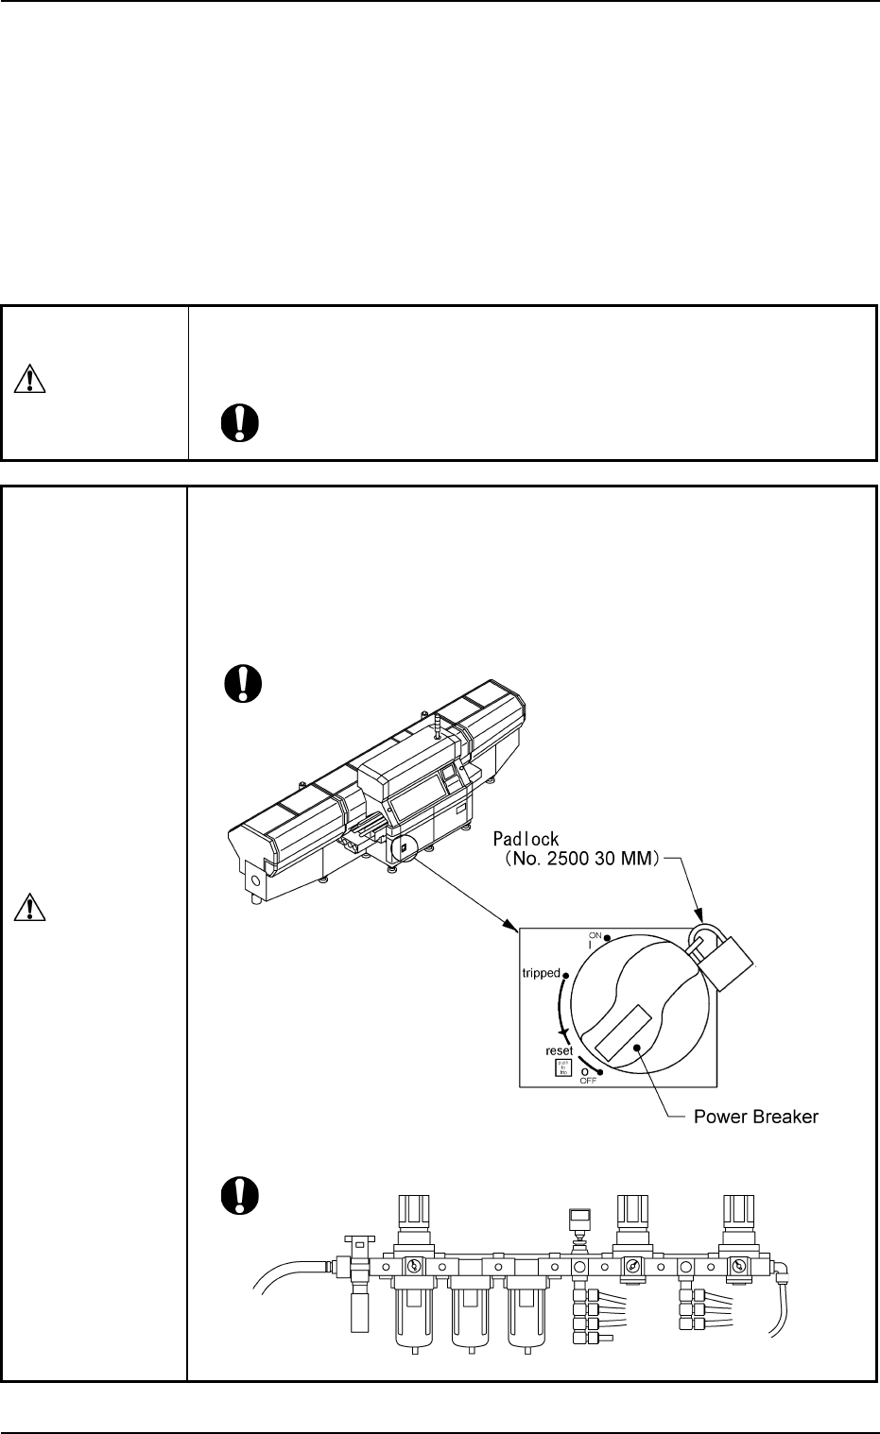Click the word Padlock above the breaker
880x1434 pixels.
(526, 838)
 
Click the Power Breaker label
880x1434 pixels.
(756, 1117)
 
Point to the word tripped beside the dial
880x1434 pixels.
(541, 973)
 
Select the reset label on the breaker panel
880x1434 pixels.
(560, 1050)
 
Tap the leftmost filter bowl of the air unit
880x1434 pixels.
(414, 1313)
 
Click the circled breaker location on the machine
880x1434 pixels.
(403, 847)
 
